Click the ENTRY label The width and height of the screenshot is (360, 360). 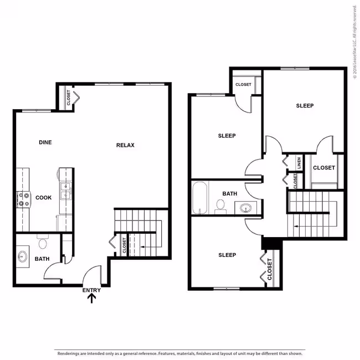pos(91,290)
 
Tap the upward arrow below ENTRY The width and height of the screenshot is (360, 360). pos(91,299)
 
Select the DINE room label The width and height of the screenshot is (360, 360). pos(45,142)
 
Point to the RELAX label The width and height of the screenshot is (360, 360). pos(125,145)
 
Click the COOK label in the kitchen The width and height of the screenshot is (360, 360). pos(43,198)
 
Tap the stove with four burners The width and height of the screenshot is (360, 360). pos(24,199)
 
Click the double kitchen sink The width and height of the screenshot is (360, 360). pos(66,191)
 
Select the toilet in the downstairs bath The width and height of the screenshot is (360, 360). pos(43,241)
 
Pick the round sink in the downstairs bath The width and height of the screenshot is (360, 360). pos(22,256)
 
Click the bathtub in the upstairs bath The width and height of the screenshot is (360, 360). pos(200,198)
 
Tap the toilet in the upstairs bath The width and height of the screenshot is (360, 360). pos(220,207)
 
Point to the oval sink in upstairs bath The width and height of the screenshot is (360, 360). pos(245,208)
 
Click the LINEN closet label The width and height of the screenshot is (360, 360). pos(299,163)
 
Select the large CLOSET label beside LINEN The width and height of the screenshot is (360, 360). pos(324,168)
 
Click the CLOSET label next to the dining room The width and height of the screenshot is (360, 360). pos(68,97)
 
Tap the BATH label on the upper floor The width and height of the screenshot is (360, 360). pos(230,194)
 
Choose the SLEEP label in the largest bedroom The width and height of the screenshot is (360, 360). pos(305,106)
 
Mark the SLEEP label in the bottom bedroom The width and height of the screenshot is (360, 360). pos(227,255)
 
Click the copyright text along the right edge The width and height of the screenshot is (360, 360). pos(355,42)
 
